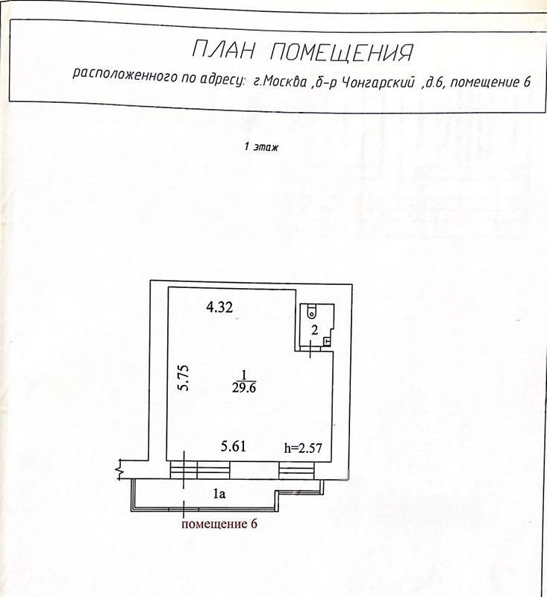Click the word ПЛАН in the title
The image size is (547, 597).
(x=224, y=51)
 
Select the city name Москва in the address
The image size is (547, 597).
(x=283, y=81)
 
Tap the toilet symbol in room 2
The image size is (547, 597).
(x=310, y=313)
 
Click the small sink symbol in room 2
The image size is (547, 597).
(x=327, y=341)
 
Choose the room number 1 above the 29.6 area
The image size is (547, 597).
(x=243, y=374)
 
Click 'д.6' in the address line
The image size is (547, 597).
(x=434, y=81)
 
